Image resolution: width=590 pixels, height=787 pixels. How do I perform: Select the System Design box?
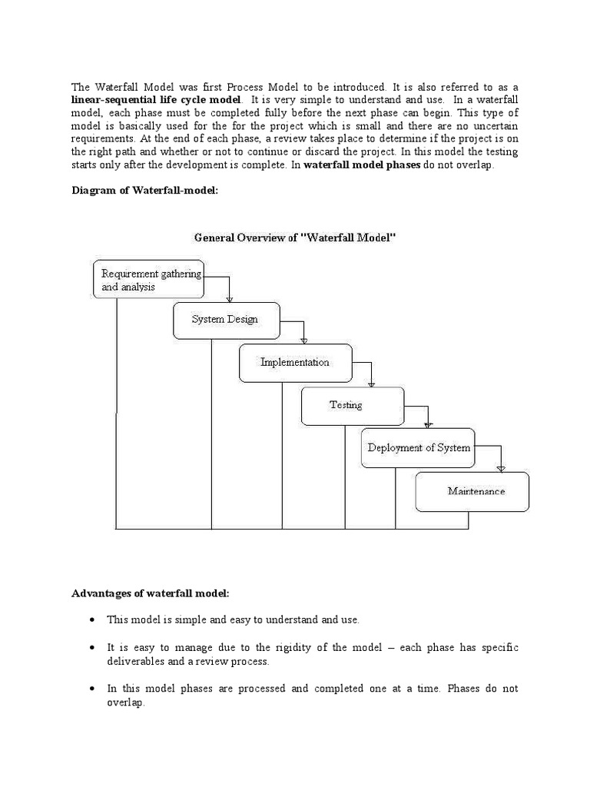point(227,320)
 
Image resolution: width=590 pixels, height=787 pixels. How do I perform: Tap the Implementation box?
point(295,363)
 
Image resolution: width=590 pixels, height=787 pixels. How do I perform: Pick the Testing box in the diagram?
point(352,406)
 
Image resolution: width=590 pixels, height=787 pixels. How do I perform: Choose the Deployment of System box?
point(418,448)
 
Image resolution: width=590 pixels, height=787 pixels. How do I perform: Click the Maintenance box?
point(472,491)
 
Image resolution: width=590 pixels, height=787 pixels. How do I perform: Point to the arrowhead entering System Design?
point(229,299)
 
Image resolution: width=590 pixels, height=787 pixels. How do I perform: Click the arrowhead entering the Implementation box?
point(303,340)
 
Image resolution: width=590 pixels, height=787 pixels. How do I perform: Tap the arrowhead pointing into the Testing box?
point(372,384)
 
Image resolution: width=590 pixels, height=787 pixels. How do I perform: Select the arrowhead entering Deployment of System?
point(429,424)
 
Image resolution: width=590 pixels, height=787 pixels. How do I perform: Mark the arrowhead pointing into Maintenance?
point(501,467)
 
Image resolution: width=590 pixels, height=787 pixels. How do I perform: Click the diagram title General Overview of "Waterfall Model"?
point(294,238)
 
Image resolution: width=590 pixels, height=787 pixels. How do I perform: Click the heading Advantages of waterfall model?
point(151,593)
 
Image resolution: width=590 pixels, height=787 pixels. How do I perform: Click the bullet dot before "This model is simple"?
point(92,619)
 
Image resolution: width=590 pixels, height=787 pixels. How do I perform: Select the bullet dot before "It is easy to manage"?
point(92,648)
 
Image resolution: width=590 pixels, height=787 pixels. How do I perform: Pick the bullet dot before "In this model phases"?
point(92,689)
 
